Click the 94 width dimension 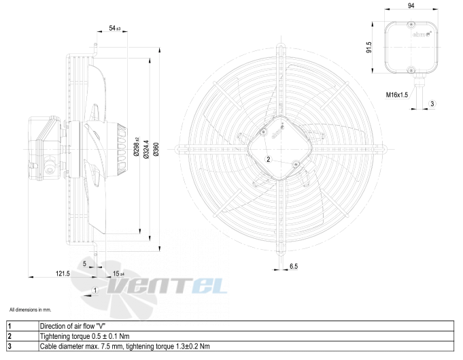411,5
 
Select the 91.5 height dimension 368,47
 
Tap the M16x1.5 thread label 397,95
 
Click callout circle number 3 432,103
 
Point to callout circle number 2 268,159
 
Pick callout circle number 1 95,291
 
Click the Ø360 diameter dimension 156,149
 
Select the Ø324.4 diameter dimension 146,149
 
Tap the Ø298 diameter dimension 136,146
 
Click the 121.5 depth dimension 63,274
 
